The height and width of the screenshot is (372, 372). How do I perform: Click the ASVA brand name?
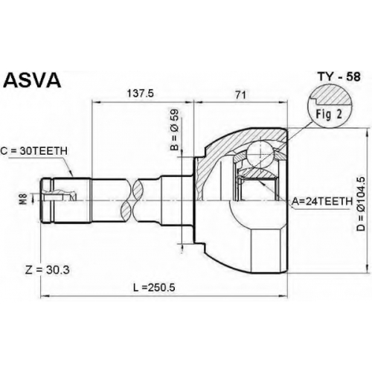click(33, 80)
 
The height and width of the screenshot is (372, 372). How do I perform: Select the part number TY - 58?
click(339, 77)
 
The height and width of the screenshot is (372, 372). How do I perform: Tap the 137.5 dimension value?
click(141, 94)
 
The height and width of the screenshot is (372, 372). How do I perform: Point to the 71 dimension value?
click(240, 94)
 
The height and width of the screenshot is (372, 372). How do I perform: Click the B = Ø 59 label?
click(174, 129)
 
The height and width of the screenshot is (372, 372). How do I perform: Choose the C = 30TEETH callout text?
click(34, 150)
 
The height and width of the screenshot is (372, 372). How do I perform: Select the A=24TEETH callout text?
click(322, 202)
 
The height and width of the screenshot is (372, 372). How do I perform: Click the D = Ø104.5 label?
click(361, 204)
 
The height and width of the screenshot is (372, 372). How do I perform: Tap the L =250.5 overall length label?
click(154, 287)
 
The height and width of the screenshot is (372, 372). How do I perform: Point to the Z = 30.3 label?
click(48, 270)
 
